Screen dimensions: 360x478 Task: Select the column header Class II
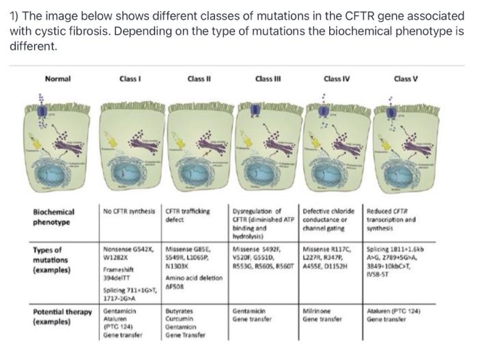point(198,79)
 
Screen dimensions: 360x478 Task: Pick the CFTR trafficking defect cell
point(192,214)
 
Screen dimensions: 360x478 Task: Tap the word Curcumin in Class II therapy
point(179,318)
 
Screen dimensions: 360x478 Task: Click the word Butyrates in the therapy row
point(180,310)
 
